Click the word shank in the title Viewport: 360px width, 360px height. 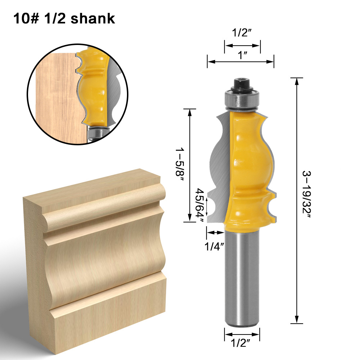coord(93,18)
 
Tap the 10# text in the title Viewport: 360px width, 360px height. coord(26,18)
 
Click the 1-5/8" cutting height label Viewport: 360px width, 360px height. coord(179,166)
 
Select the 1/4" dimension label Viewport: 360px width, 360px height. coord(215,247)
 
